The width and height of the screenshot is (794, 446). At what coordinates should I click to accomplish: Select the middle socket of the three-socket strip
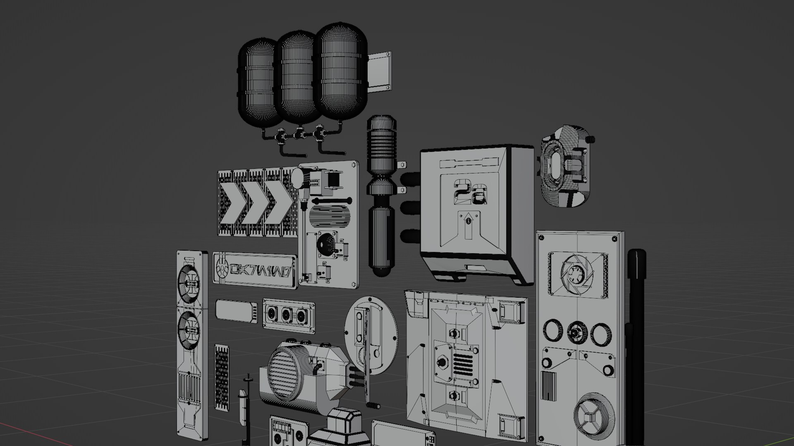[x=288, y=314]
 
